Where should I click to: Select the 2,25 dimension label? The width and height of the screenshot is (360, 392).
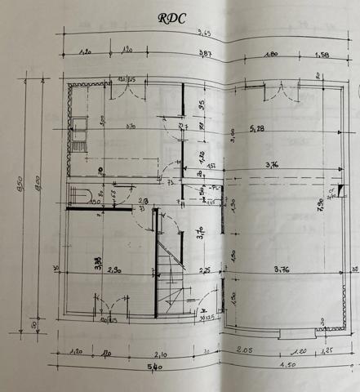205,270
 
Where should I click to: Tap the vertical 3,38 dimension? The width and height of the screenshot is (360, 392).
97,263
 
